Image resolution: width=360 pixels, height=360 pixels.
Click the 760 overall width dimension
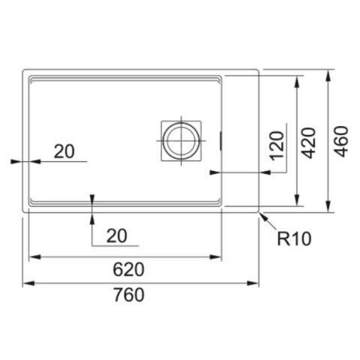(129, 295)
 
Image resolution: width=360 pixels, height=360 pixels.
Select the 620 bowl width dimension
(128, 269)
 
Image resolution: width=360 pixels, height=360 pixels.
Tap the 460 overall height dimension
(341, 142)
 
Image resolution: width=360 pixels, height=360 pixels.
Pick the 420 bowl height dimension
(308, 143)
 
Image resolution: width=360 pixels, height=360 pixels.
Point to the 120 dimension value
(277, 145)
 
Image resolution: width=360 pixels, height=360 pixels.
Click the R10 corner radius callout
(294, 238)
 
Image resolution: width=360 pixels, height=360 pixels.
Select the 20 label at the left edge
(64, 151)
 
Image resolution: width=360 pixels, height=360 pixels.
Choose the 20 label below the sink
(117, 236)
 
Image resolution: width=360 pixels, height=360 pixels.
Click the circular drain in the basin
(181, 140)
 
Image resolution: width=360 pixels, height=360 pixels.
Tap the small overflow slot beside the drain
(220, 141)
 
